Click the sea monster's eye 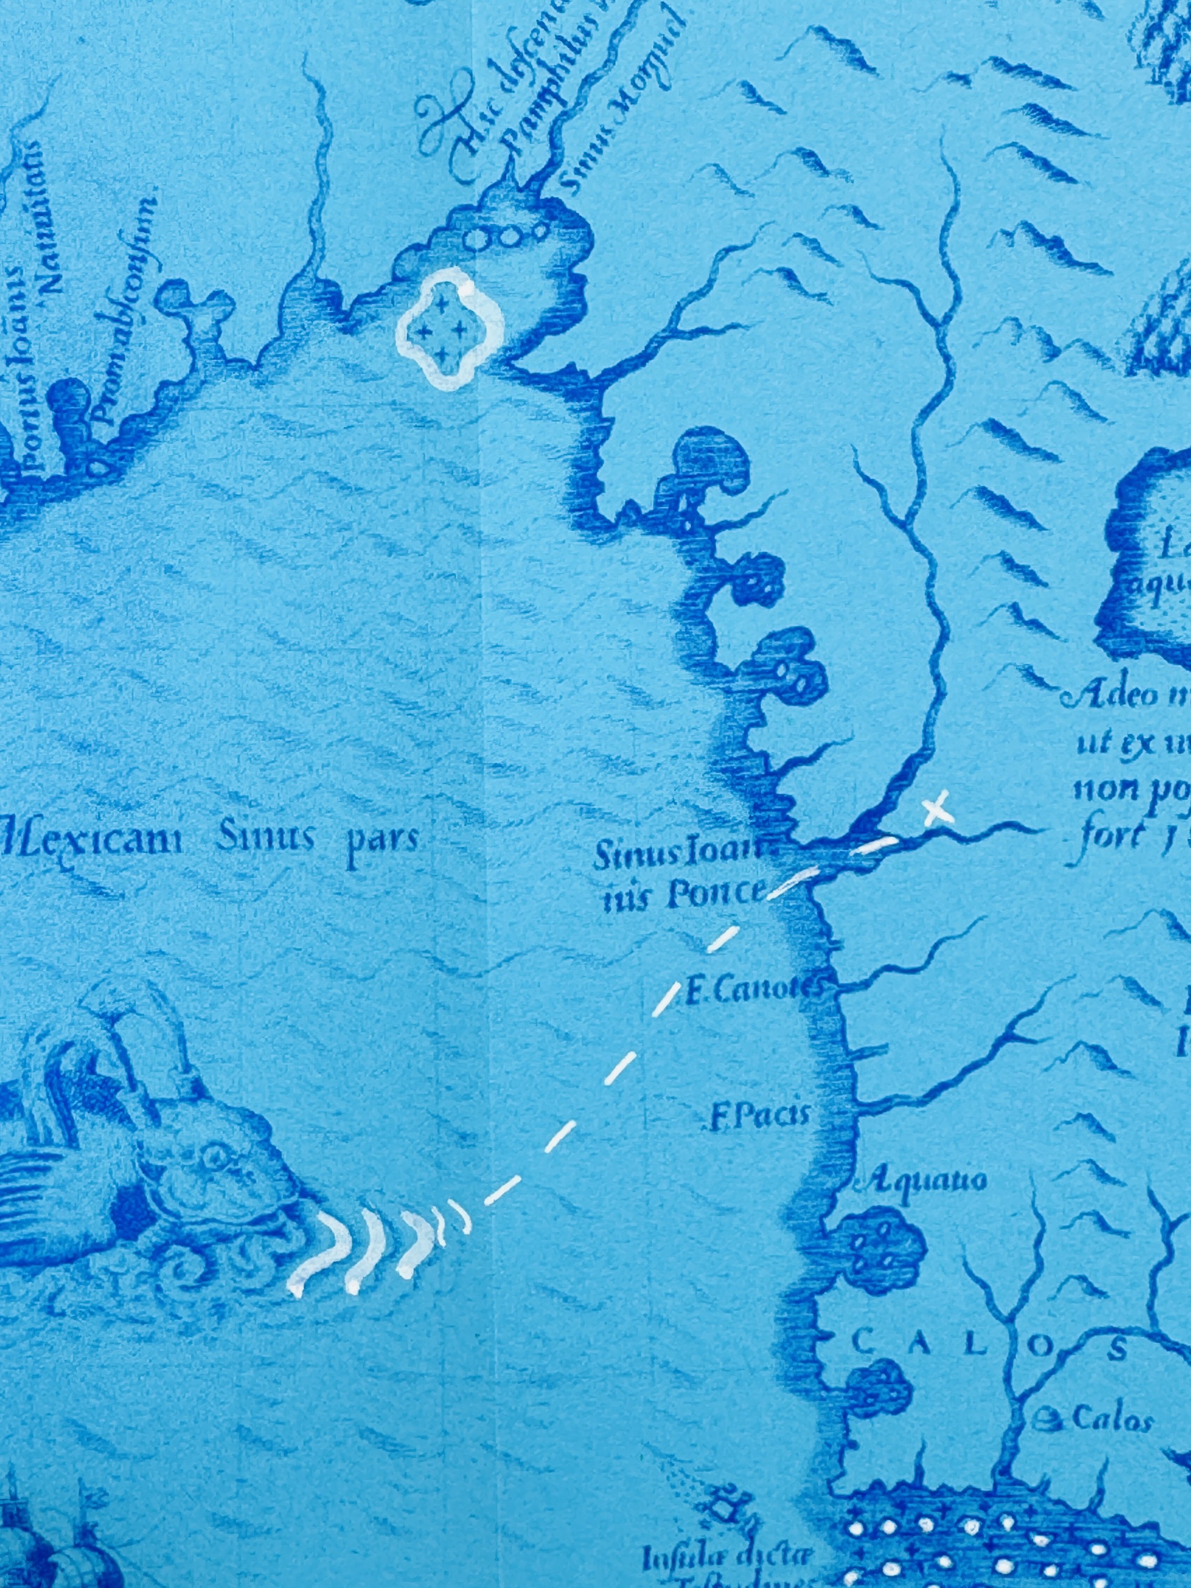[x=213, y=1156]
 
